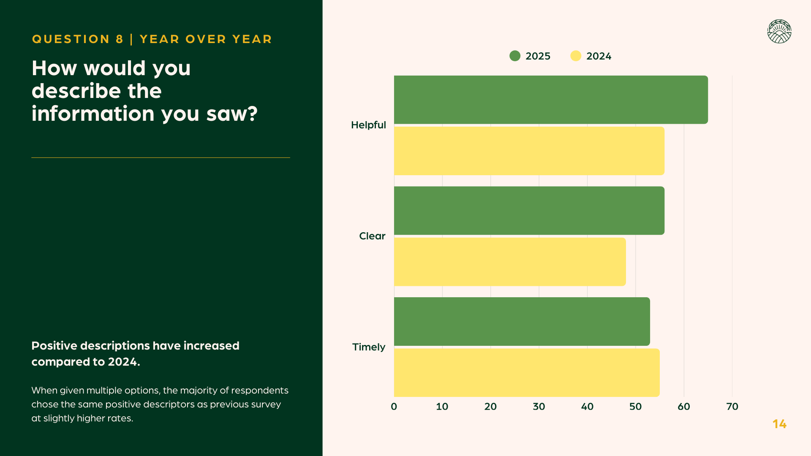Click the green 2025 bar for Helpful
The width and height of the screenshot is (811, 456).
tap(551, 100)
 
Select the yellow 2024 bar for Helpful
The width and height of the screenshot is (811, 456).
tap(529, 151)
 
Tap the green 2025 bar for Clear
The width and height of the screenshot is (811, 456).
tap(529, 210)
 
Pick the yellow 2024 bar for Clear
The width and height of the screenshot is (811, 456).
tap(510, 262)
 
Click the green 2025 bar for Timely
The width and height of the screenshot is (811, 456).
tap(522, 321)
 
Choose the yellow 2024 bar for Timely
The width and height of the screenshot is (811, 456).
tap(526, 372)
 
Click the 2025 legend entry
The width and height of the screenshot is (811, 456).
tap(530, 56)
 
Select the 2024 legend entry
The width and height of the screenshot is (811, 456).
tap(591, 56)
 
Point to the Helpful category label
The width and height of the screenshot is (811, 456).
tap(368, 125)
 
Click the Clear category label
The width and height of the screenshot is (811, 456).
tap(372, 236)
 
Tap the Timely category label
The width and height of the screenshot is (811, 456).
tap(369, 347)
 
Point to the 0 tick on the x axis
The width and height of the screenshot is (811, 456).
tap(394, 407)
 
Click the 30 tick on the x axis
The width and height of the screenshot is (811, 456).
tap(539, 407)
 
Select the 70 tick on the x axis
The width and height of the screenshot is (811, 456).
tap(732, 407)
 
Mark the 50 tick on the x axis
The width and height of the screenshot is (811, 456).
tap(635, 407)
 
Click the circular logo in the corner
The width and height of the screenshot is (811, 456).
tap(779, 32)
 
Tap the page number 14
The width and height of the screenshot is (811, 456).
tap(779, 424)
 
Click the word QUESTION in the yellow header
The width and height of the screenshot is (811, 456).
tap(71, 39)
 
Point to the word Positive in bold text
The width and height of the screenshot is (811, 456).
tap(54, 346)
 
